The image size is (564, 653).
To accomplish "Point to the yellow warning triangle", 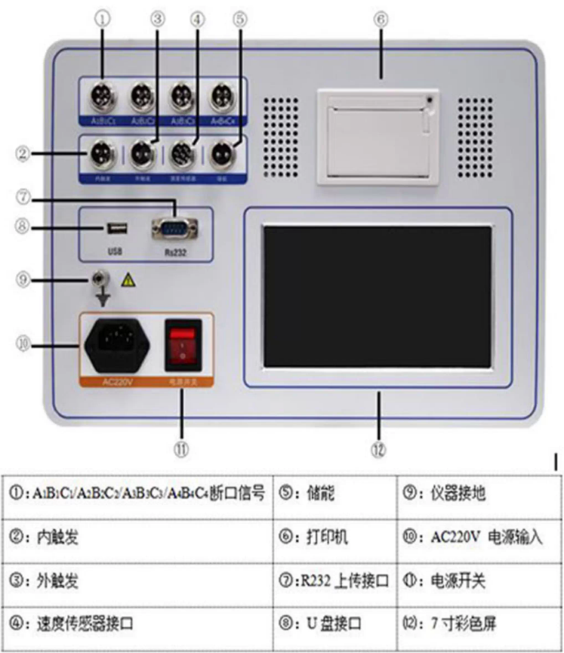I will pyautogui.click(x=128, y=282).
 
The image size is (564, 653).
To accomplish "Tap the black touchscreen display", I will pyautogui.click(x=377, y=296).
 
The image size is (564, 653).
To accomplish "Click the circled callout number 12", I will pyautogui.click(x=378, y=448).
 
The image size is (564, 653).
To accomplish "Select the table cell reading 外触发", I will pyautogui.click(x=60, y=581).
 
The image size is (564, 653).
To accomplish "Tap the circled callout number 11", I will pyautogui.click(x=181, y=448).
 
